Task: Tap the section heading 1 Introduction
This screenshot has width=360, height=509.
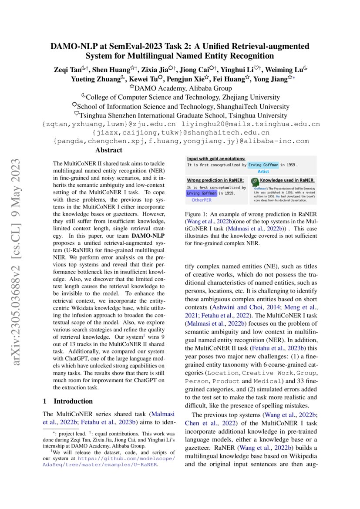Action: pos(67,401)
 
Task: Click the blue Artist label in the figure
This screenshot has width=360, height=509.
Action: pos(263,172)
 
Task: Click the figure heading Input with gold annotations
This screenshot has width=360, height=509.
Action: pos(216,158)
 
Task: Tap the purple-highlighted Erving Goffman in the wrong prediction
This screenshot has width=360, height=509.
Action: pos(202,193)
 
